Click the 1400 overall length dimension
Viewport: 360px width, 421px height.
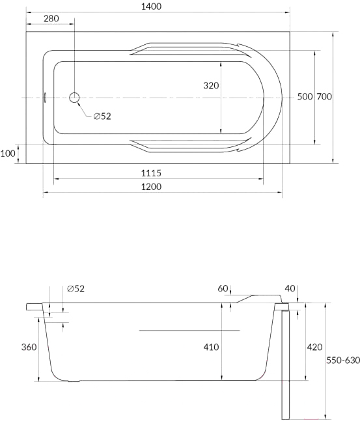151,7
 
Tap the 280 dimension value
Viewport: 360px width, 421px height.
51,18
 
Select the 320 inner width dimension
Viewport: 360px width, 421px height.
211,85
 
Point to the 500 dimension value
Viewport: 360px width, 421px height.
305,96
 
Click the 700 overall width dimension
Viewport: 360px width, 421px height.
324,96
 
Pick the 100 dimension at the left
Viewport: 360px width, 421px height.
8,154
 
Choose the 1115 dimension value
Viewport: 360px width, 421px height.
151,173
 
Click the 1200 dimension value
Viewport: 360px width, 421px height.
151,187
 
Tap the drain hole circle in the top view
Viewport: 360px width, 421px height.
74,98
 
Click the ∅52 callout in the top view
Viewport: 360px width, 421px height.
102,116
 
